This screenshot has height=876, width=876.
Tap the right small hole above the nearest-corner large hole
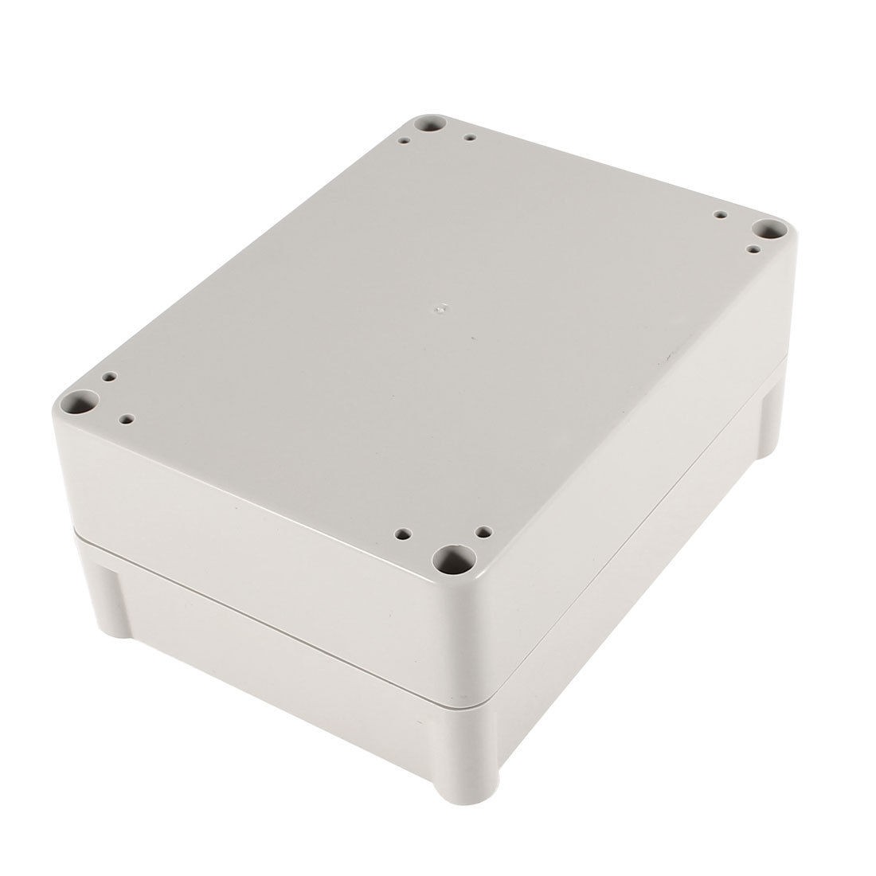pyautogui.click(x=483, y=530)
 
